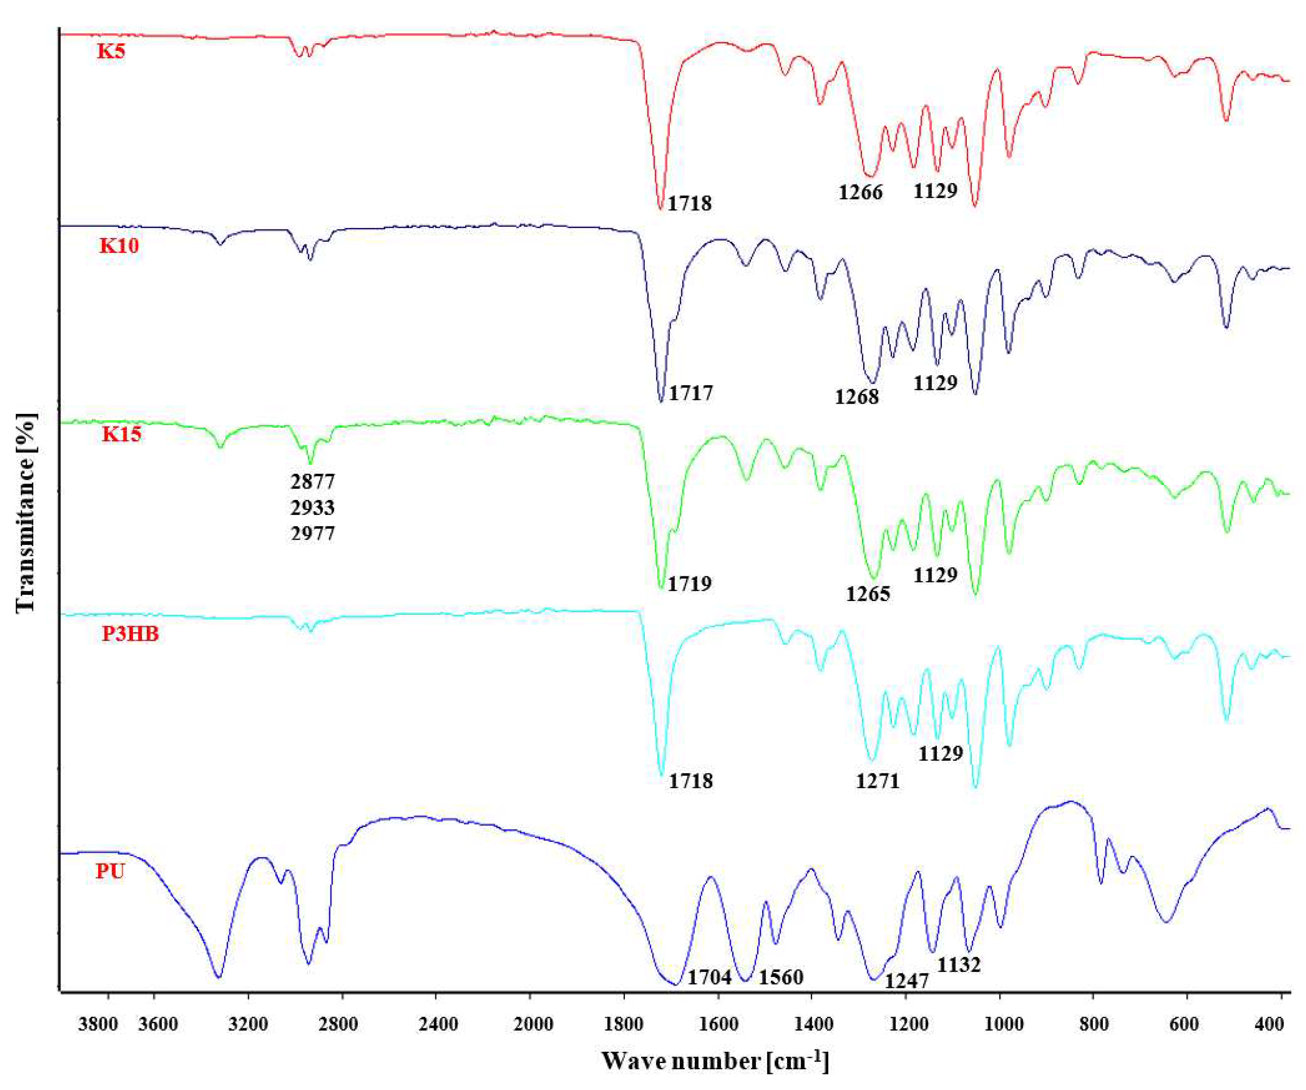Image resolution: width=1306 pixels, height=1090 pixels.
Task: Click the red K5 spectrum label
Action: click(111, 51)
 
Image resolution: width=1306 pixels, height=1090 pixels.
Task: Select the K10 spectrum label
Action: click(119, 246)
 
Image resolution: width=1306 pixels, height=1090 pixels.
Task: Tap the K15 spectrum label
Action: click(122, 434)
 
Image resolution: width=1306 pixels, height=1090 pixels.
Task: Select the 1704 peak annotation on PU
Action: click(709, 977)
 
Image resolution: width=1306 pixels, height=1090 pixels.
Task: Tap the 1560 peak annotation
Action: click(781, 977)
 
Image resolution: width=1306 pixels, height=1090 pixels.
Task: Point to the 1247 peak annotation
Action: click(906, 981)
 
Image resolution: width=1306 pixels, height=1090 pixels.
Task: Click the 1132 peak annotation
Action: click(958, 965)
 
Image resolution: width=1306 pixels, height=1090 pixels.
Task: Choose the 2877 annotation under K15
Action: click(313, 481)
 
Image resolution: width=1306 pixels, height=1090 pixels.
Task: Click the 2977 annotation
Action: click(313, 534)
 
